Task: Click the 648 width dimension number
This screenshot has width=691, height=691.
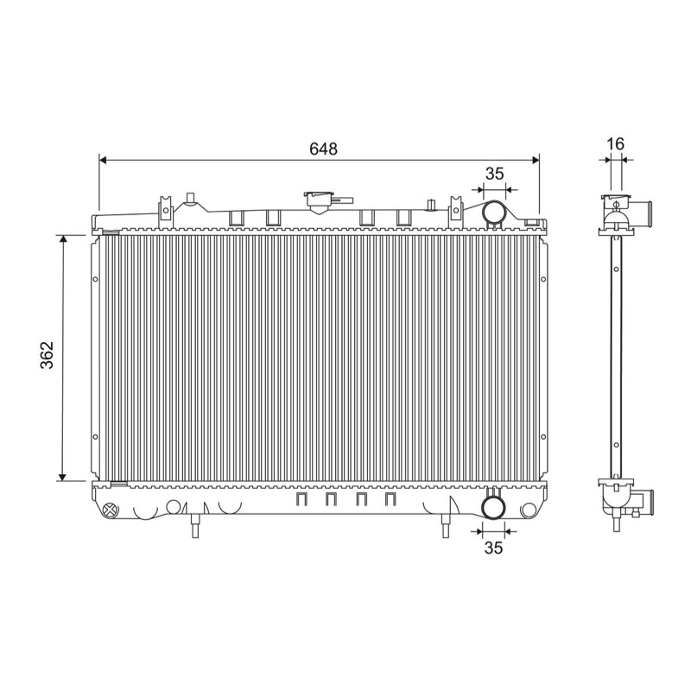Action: click(323, 149)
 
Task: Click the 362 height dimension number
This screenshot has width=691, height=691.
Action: click(47, 355)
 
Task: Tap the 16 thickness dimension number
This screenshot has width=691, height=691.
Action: click(616, 143)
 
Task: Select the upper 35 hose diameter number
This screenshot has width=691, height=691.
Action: click(494, 174)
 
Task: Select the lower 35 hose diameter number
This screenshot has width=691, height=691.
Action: click(493, 548)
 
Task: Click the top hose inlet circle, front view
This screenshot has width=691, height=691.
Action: click(494, 212)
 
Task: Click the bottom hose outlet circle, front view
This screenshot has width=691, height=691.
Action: click(493, 508)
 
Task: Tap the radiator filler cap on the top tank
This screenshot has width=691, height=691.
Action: click(319, 200)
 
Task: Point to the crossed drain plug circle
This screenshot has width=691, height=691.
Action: click(111, 510)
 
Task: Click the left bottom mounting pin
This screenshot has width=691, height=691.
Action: click(196, 526)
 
